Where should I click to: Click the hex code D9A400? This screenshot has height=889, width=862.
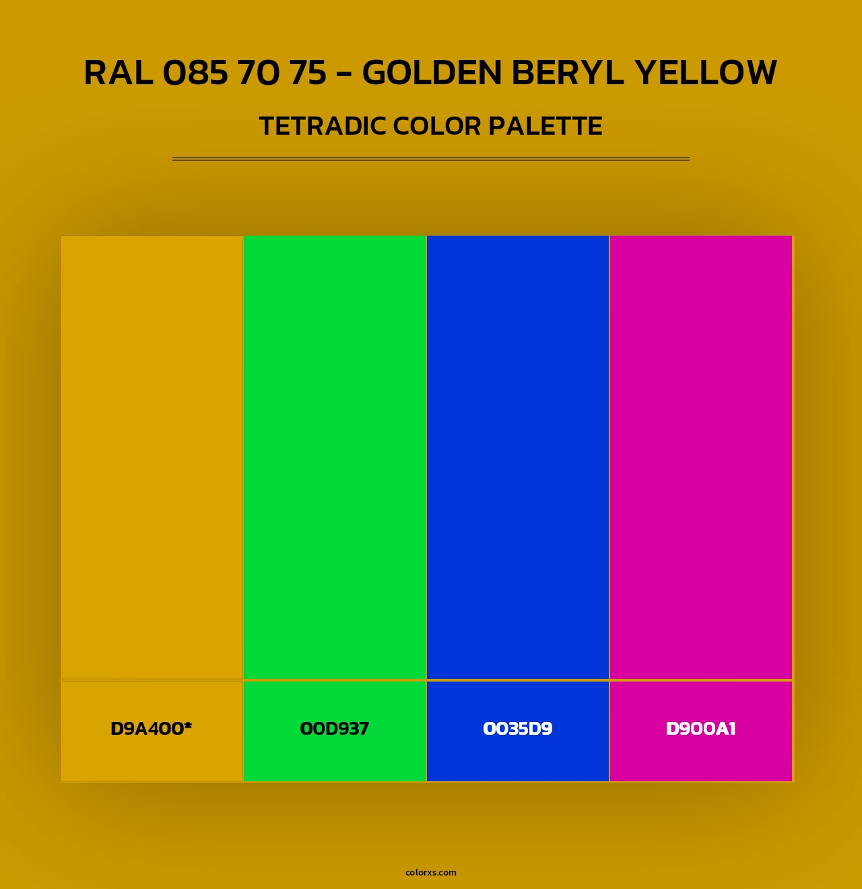(x=147, y=729)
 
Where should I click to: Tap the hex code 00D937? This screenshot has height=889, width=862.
(x=335, y=729)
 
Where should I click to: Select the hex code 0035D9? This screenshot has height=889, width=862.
(x=518, y=729)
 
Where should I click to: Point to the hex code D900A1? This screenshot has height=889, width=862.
(x=701, y=729)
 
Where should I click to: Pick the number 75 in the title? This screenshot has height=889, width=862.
(x=308, y=73)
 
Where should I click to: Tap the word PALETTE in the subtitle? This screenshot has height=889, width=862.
(x=545, y=126)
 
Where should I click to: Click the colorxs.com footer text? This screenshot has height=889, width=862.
(x=431, y=872)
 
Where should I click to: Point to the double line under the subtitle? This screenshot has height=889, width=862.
(x=431, y=159)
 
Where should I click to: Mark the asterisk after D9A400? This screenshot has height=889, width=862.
(x=188, y=725)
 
